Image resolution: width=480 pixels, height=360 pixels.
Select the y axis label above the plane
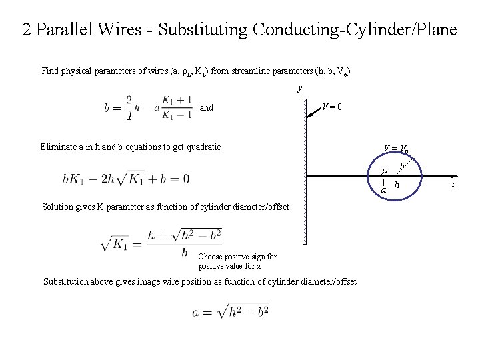pyautogui.click(x=300, y=87)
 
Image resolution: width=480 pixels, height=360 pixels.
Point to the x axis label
pyautogui.click(x=454, y=184)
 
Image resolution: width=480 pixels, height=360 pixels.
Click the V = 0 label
pyautogui.click(x=332, y=106)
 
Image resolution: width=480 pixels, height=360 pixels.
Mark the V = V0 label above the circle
pyautogui.click(x=395, y=149)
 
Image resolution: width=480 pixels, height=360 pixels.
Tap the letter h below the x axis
pyautogui.click(x=397, y=185)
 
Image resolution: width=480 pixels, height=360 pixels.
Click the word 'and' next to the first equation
pyautogui.click(x=207, y=107)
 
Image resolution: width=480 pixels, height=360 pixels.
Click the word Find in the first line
pyautogui.click(x=50, y=71)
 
